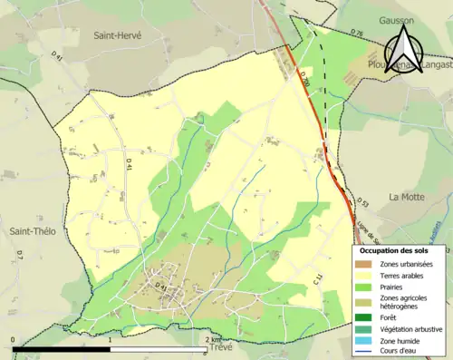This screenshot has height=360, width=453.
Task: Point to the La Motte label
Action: (x=407, y=197)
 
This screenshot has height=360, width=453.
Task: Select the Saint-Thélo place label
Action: (x=33, y=231)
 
